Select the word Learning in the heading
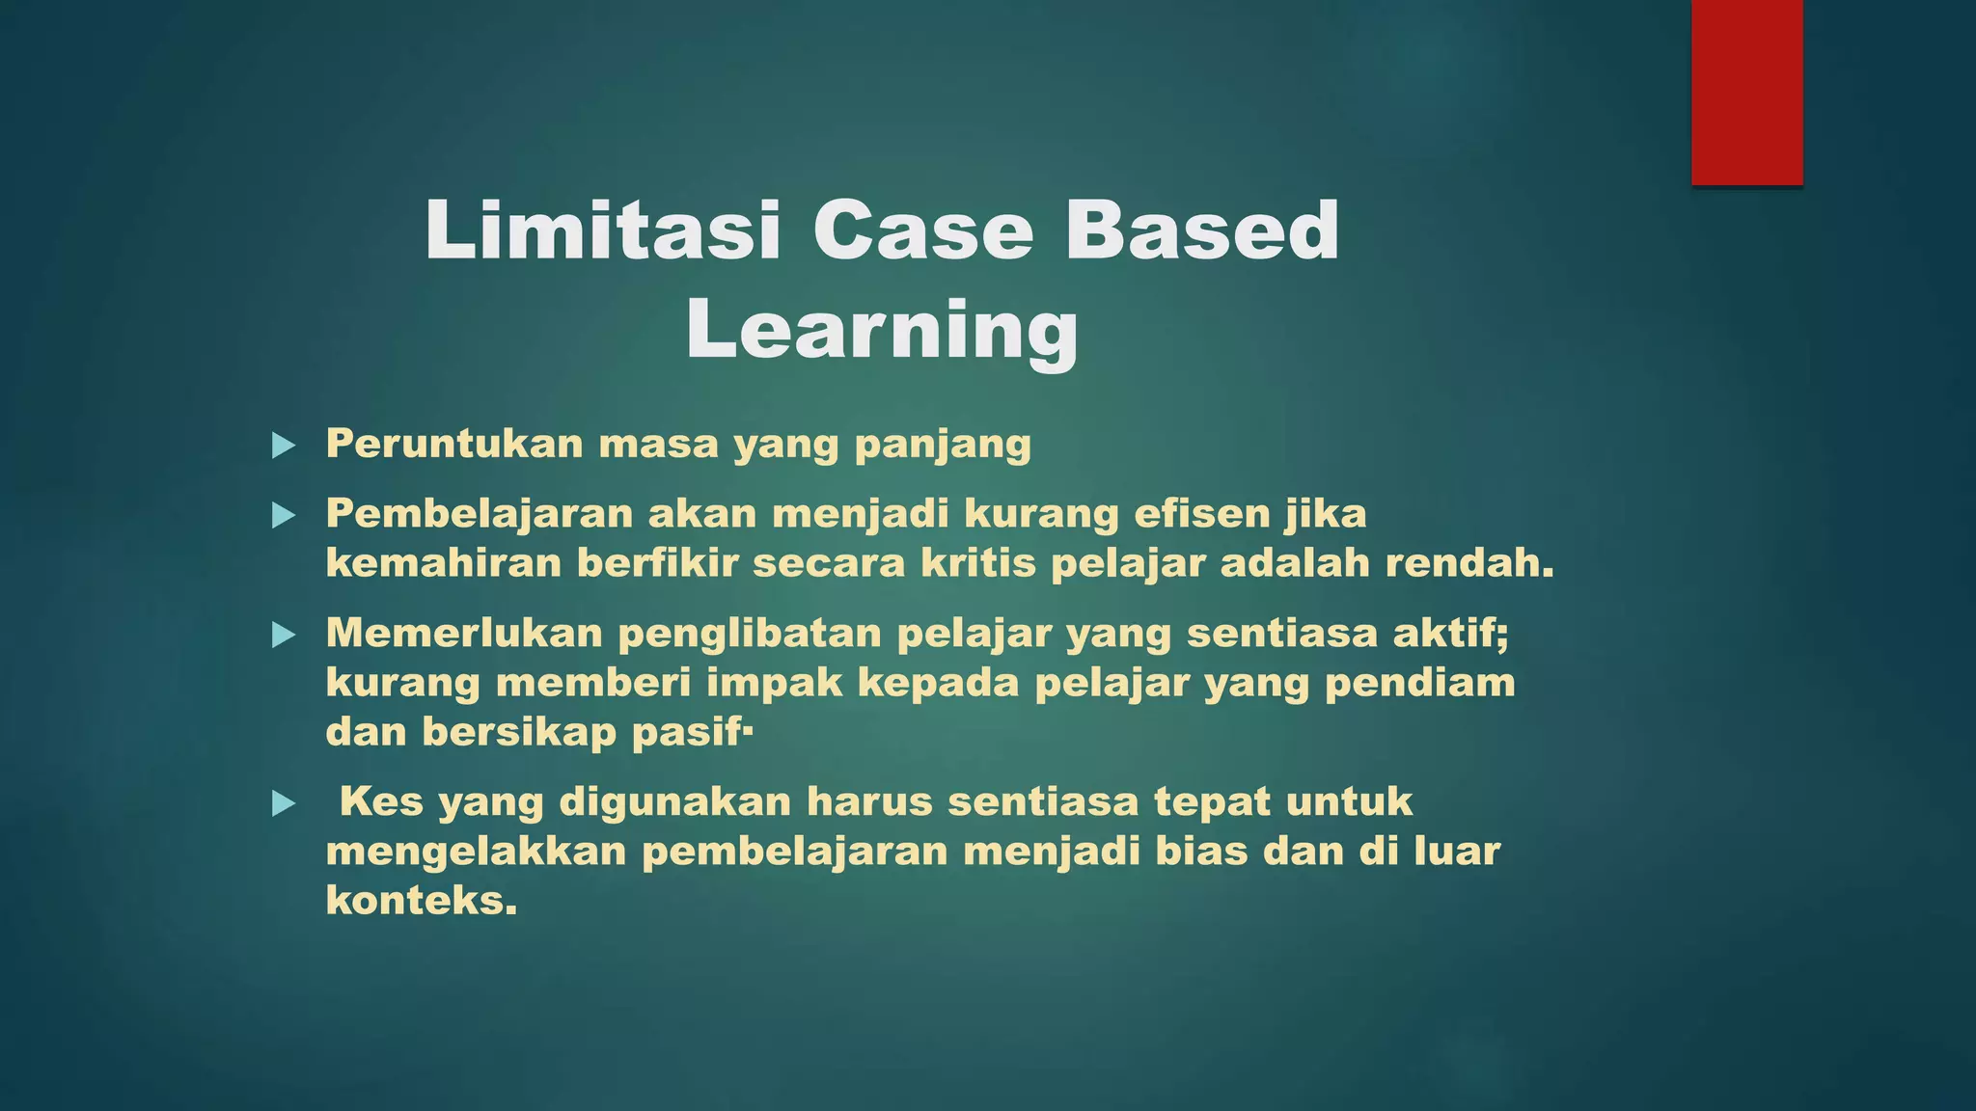click(x=882, y=330)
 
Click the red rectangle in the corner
click(x=1746, y=92)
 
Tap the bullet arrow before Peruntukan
click(x=283, y=446)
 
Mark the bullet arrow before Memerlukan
click(x=283, y=635)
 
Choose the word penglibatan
click(x=750, y=635)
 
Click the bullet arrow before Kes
click(x=283, y=803)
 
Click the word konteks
click(x=420, y=901)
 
